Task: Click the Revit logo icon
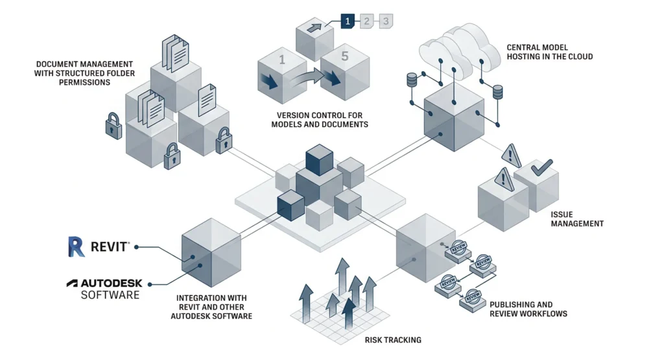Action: pos(77,246)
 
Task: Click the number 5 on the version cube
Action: pos(344,57)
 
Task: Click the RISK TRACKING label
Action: pos(393,340)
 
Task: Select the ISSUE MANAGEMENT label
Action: pos(576,219)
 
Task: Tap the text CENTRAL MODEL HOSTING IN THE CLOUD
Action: pos(550,52)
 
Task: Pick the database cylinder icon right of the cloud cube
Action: pos(498,92)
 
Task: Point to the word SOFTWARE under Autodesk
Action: pos(110,295)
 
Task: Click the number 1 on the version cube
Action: pos(282,60)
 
